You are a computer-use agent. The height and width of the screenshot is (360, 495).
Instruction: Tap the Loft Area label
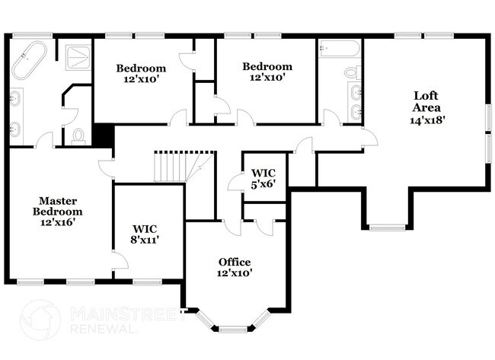[427, 101]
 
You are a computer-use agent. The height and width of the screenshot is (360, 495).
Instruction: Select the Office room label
[234, 262]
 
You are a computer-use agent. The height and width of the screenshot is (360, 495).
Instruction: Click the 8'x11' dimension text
[145, 239]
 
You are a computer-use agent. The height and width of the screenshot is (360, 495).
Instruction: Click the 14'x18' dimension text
[427, 119]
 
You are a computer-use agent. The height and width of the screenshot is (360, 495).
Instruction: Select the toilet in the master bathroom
[78, 136]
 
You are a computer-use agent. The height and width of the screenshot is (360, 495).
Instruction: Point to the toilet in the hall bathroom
[351, 73]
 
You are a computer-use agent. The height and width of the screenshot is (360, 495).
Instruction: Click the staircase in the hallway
[170, 166]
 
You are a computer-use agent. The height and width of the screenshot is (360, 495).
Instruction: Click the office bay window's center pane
[234, 328]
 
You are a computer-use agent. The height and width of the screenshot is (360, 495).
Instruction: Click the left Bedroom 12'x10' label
[141, 73]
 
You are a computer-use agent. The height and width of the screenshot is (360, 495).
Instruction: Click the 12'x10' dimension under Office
[234, 272]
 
